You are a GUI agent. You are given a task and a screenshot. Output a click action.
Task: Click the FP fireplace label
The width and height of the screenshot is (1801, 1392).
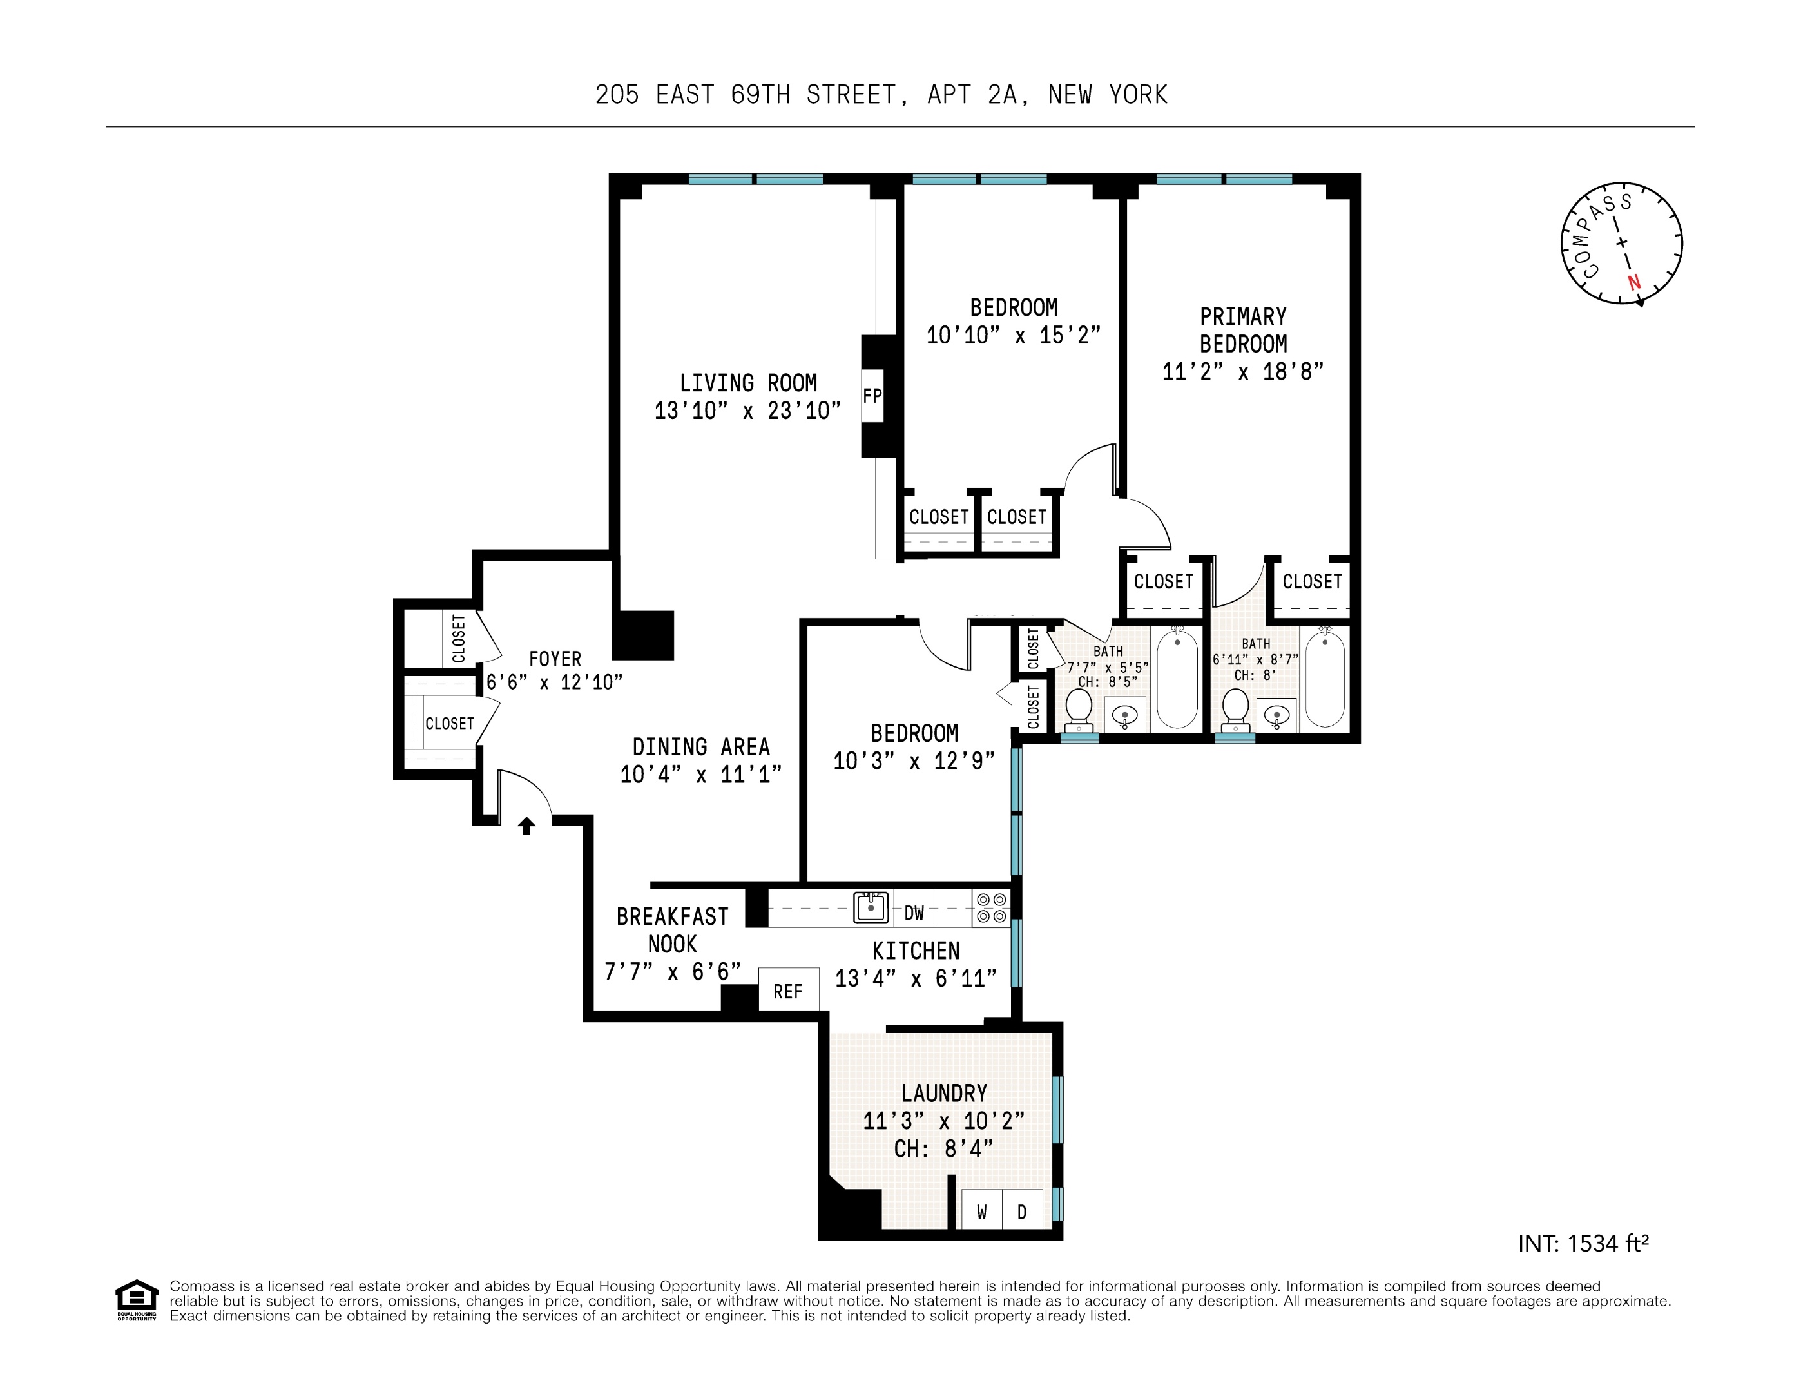point(872,396)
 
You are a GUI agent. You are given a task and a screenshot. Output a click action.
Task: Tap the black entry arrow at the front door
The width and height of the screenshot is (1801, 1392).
point(526,825)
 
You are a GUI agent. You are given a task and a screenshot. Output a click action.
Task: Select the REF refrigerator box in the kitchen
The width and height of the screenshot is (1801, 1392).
point(788,991)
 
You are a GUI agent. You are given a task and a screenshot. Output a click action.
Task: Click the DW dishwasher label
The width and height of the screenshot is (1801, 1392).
point(914,912)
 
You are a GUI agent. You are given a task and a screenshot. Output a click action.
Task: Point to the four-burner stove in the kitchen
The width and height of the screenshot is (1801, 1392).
point(991,908)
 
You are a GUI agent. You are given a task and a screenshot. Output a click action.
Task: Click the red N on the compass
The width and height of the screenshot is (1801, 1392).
point(1633,282)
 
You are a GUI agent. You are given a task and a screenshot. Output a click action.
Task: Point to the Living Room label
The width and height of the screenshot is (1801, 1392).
point(748,383)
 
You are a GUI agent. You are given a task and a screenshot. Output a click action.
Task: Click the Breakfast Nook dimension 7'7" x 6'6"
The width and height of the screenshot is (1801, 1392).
point(672,971)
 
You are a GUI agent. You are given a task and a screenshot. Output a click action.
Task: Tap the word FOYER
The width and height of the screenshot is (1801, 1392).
point(554,659)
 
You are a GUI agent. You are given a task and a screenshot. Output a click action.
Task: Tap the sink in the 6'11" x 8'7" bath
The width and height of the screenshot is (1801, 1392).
point(1276,715)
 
